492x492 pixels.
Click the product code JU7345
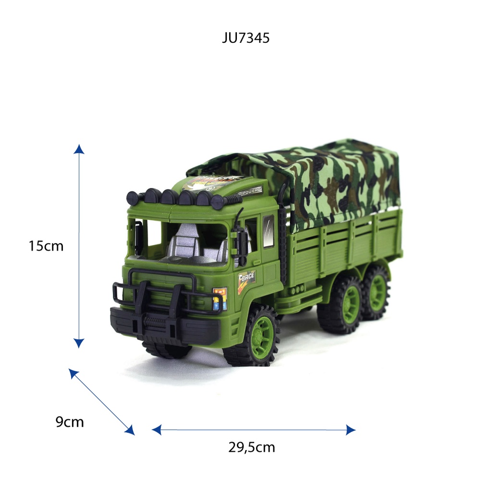point(246,38)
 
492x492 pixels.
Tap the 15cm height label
point(46,246)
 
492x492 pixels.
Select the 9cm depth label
point(70,422)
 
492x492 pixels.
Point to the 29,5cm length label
point(252,447)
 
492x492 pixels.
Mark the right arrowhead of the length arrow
point(350,430)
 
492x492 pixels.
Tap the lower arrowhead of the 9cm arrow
point(129,430)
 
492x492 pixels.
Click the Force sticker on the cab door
point(246,279)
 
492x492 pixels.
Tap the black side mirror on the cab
point(241,243)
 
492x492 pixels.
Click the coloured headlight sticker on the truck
point(220,298)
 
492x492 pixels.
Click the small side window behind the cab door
point(269,230)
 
